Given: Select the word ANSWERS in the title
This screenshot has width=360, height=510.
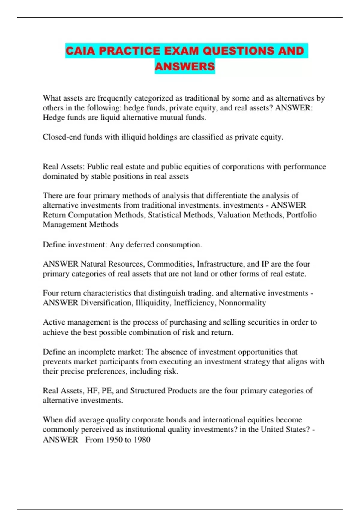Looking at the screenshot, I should coord(185,66).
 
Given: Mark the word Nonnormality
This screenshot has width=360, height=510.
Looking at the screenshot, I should coord(242,303).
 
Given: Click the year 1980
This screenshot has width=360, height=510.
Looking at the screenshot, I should coord(142,440).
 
